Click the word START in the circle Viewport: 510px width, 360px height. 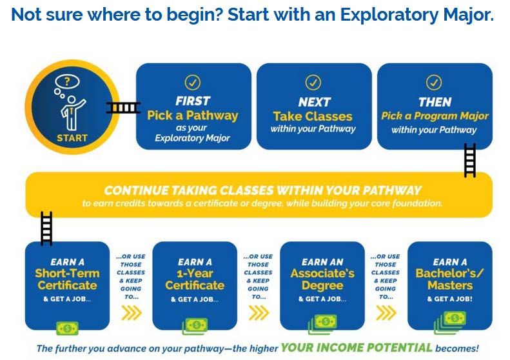(72, 138)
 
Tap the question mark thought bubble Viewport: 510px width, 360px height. (67, 81)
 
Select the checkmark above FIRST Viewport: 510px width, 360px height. (193, 83)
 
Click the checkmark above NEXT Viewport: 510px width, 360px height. (313, 83)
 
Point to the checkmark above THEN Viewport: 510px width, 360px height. (434, 83)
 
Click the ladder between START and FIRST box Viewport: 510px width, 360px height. (123, 107)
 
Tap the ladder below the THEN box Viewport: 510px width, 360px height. (469, 161)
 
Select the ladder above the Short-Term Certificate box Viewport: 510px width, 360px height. (46, 228)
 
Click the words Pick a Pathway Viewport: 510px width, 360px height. (193, 115)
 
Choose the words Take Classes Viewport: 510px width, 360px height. (313, 116)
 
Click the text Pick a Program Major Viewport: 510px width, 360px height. (435, 116)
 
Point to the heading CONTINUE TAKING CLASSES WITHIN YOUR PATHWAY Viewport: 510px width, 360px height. (262, 190)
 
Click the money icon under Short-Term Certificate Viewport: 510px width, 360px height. (67, 328)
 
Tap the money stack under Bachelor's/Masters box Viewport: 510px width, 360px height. (450, 322)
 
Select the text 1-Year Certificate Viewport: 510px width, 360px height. (195, 279)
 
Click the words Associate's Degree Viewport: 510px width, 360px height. (322, 279)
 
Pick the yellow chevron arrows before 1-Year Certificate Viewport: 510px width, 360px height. (132, 313)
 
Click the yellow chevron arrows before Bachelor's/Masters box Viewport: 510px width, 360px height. (386, 313)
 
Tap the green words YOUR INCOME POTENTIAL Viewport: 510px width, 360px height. (357, 348)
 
